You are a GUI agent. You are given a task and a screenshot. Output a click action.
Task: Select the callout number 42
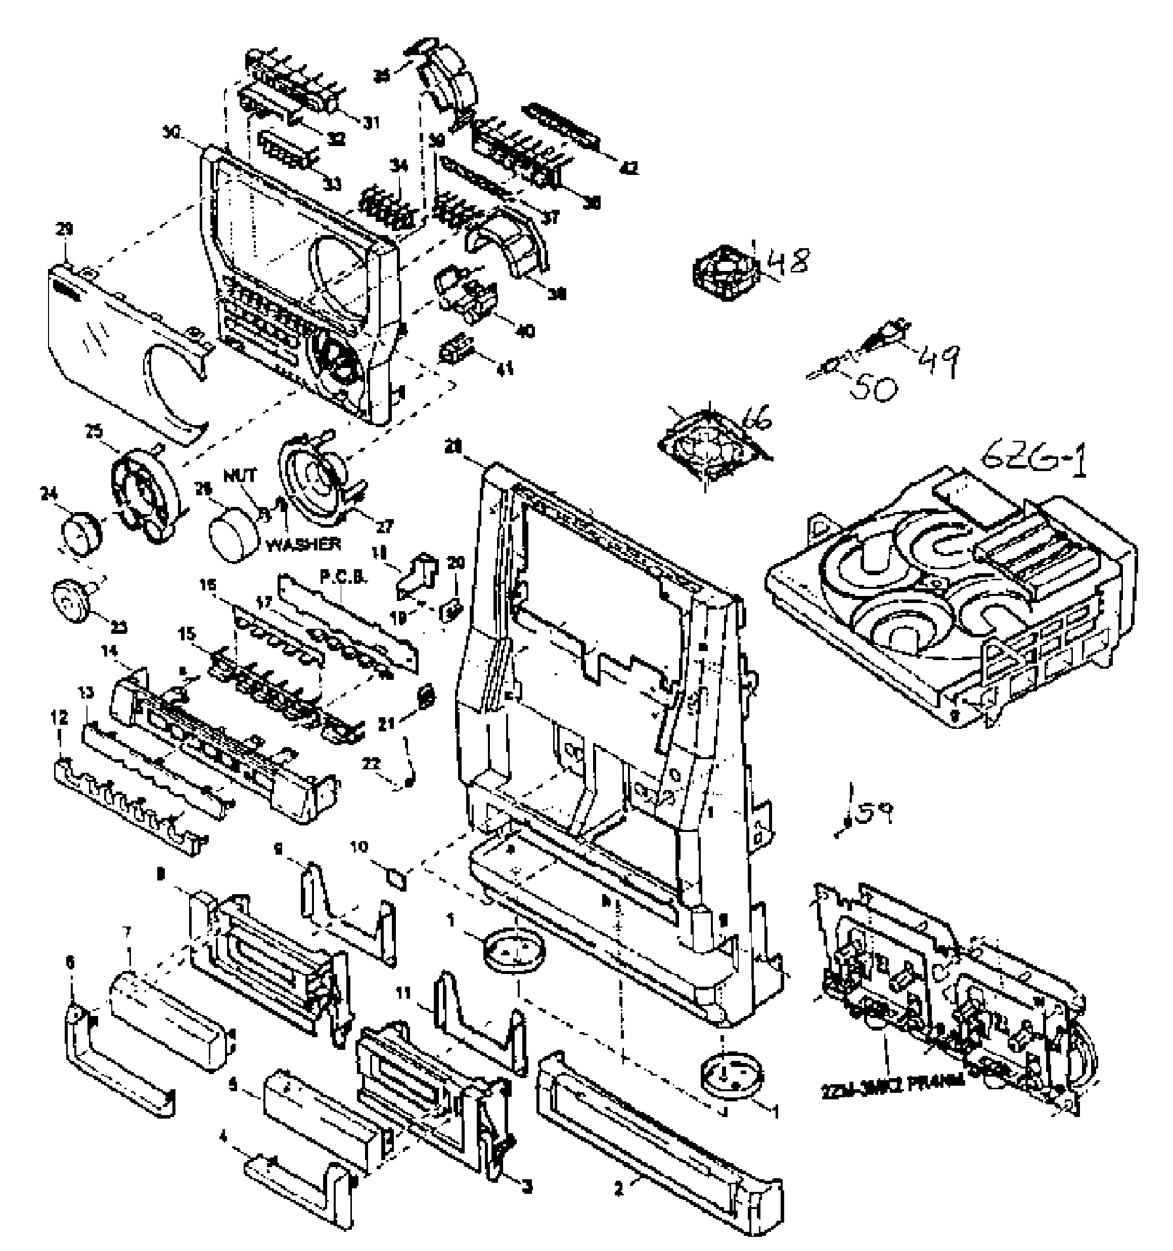(x=628, y=168)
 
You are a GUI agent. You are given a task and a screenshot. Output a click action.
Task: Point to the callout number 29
(x=64, y=229)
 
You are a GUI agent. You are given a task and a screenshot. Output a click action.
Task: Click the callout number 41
(x=505, y=367)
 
